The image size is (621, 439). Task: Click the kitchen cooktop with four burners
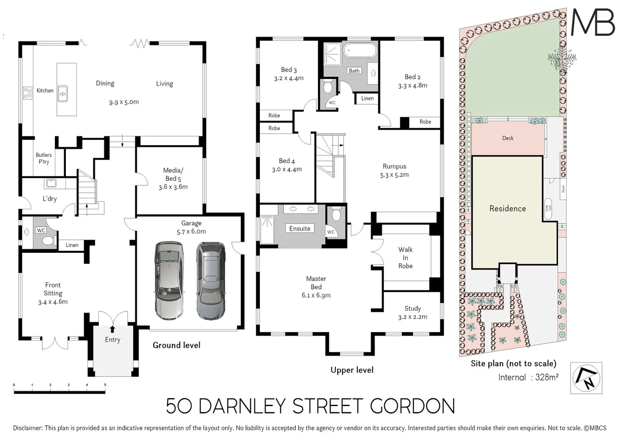tap(27, 93)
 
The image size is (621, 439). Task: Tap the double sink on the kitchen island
tap(63, 93)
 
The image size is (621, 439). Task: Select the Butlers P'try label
tap(44, 158)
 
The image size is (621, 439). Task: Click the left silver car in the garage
tap(169, 280)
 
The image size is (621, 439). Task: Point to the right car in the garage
tap(210, 280)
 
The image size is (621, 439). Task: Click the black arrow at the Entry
tap(112, 329)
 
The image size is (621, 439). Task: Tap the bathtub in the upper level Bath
tap(360, 52)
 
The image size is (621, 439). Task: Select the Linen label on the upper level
tap(367, 98)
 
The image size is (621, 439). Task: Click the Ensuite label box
tap(300, 228)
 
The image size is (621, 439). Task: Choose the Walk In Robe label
tap(405, 258)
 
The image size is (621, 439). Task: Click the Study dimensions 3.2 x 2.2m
tap(412, 317)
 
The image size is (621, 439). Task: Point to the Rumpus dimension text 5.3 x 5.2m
tap(394, 175)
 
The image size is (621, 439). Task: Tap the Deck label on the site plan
tap(508, 138)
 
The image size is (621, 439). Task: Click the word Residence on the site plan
tap(507, 209)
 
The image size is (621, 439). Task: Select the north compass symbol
tap(586, 378)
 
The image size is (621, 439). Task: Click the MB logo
tap(593, 22)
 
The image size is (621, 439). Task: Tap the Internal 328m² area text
tap(528, 377)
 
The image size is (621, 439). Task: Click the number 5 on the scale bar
tap(105, 385)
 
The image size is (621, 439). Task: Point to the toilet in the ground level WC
tap(48, 241)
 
